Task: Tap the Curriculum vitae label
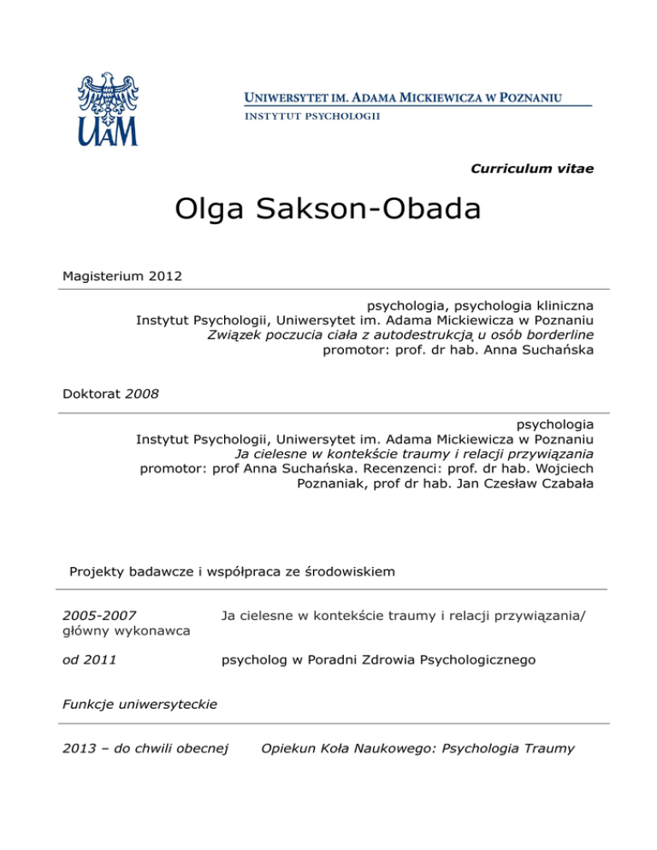[x=532, y=168]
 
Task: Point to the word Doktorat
[x=92, y=394]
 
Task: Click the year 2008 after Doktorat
[x=142, y=394]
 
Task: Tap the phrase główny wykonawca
[x=127, y=630]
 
